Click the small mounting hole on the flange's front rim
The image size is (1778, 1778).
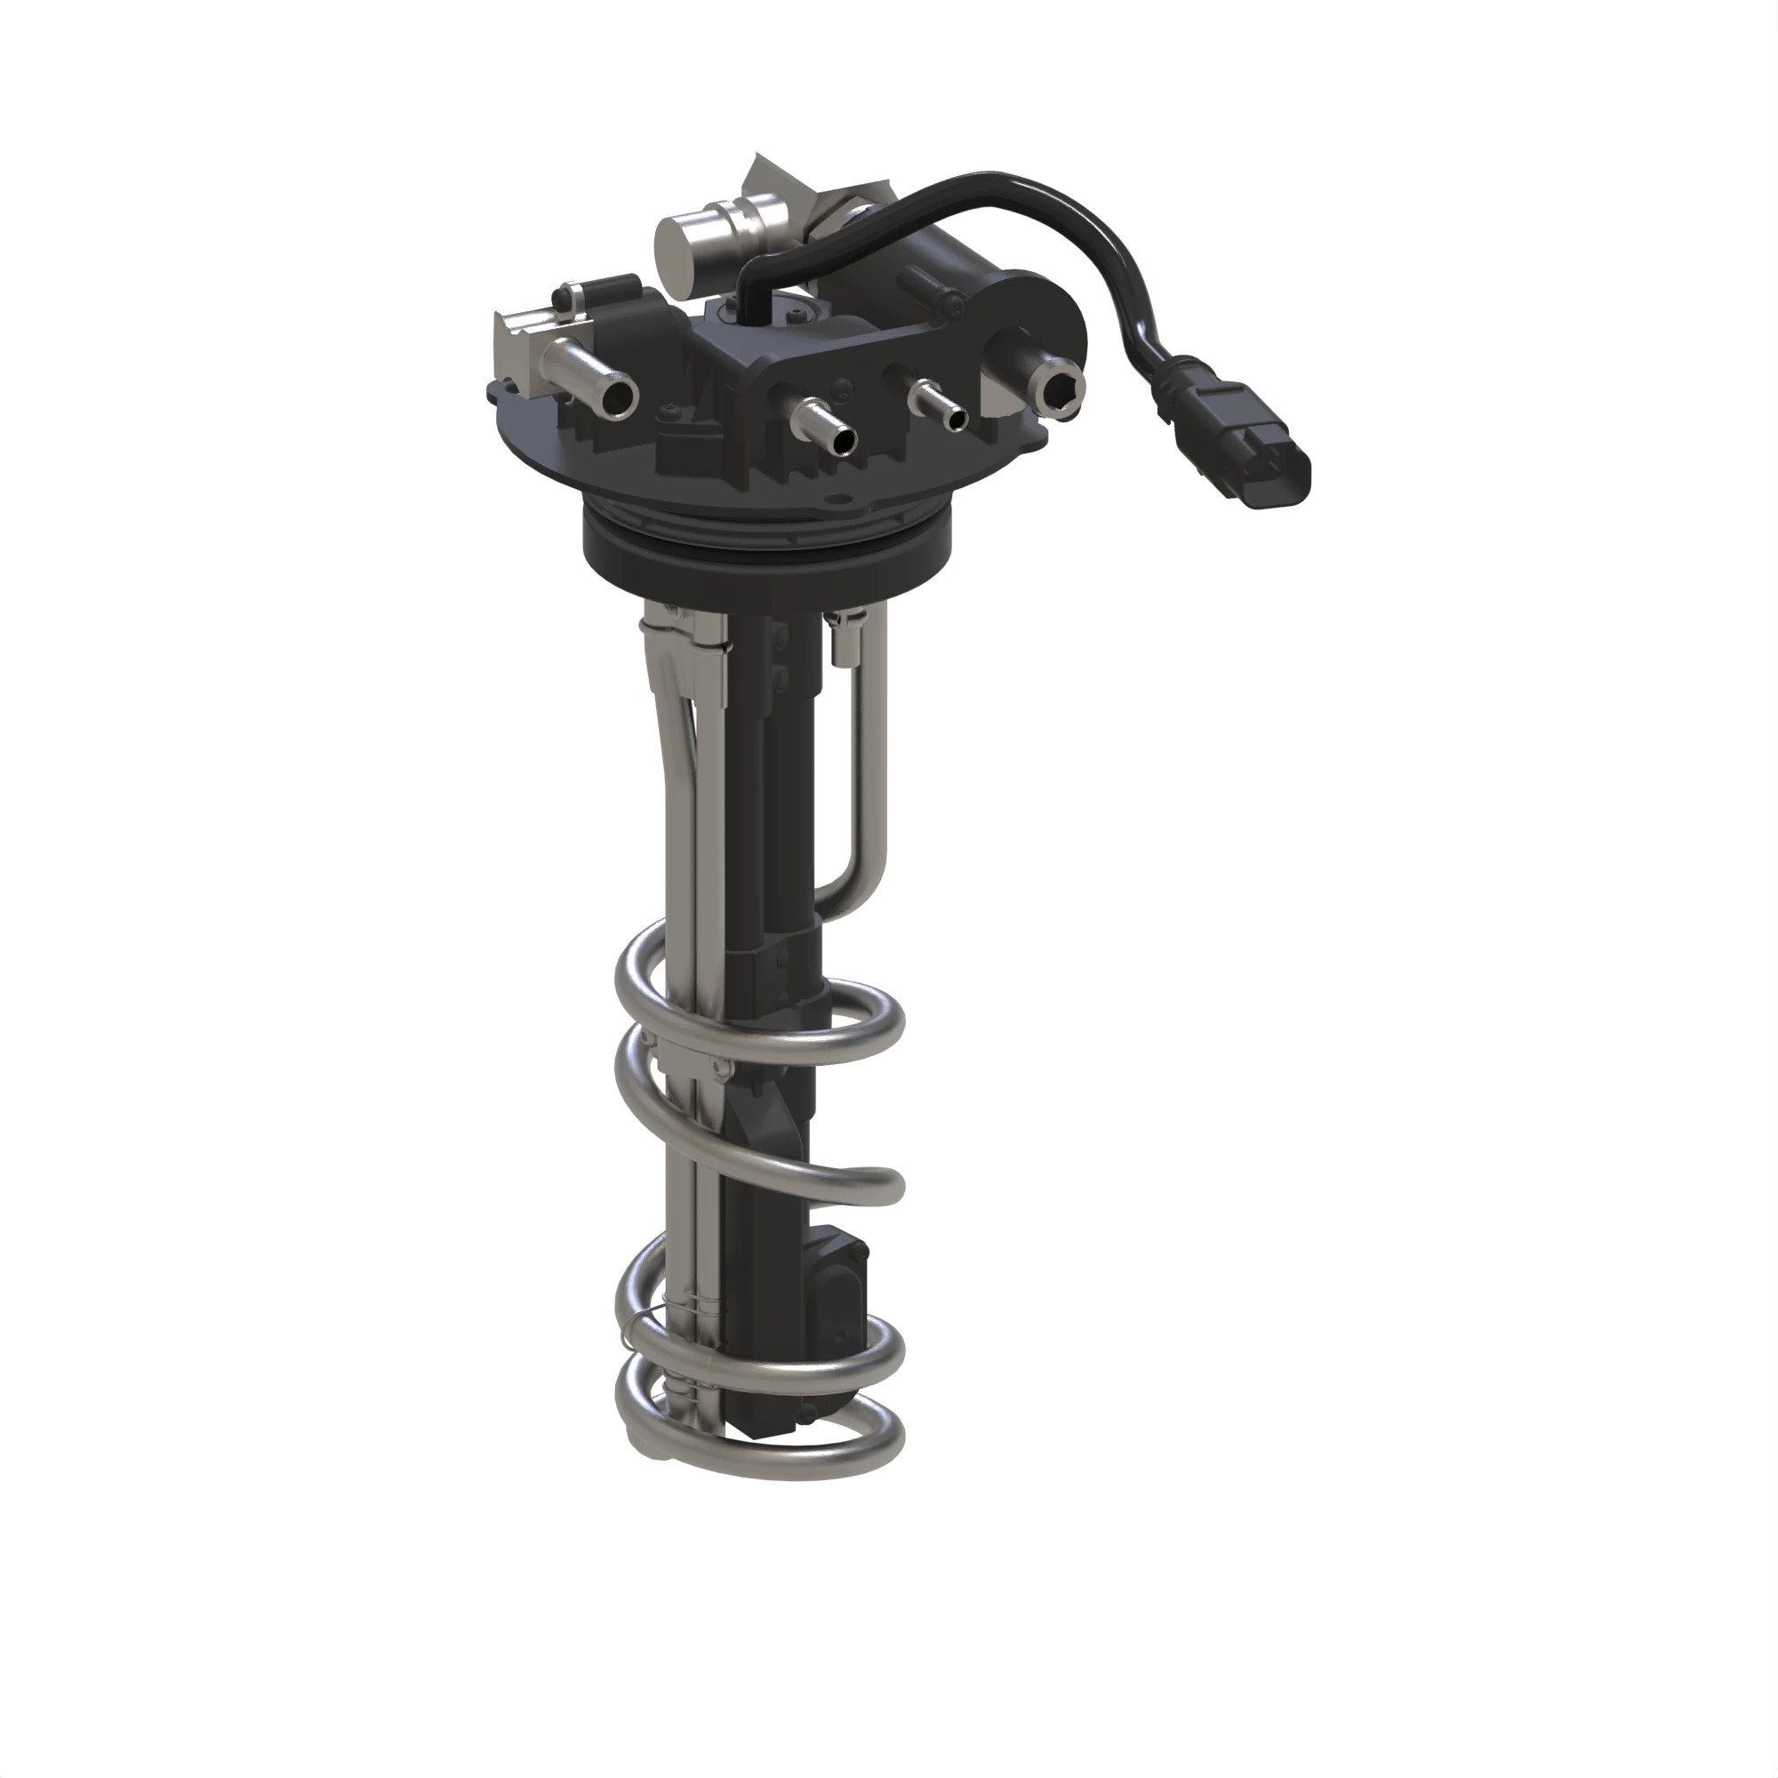[x=834, y=502]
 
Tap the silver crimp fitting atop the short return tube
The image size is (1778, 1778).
[x=844, y=639]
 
